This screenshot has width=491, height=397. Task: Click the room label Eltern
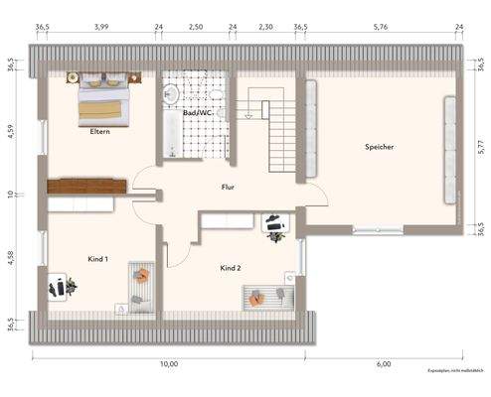pyautogui.click(x=99, y=131)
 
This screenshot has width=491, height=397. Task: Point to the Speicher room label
pyautogui.click(x=380, y=147)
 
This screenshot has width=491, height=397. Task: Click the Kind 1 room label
pyautogui.click(x=97, y=258)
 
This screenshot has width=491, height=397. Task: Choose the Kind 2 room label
pyautogui.click(x=232, y=268)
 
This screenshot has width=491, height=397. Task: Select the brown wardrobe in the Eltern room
pyautogui.click(x=87, y=186)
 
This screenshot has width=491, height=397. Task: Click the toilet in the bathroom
pyautogui.click(x=170, y=94)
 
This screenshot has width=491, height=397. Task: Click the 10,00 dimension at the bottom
pyautogui.click(x=169, y=365)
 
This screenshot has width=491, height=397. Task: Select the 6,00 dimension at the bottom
pyautogui.click(x=385, y=365)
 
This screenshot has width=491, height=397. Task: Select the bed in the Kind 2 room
pyautogui.click(x=270, y=295)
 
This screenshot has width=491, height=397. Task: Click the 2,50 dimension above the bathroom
pyautogui.click(x=196, y=28)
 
